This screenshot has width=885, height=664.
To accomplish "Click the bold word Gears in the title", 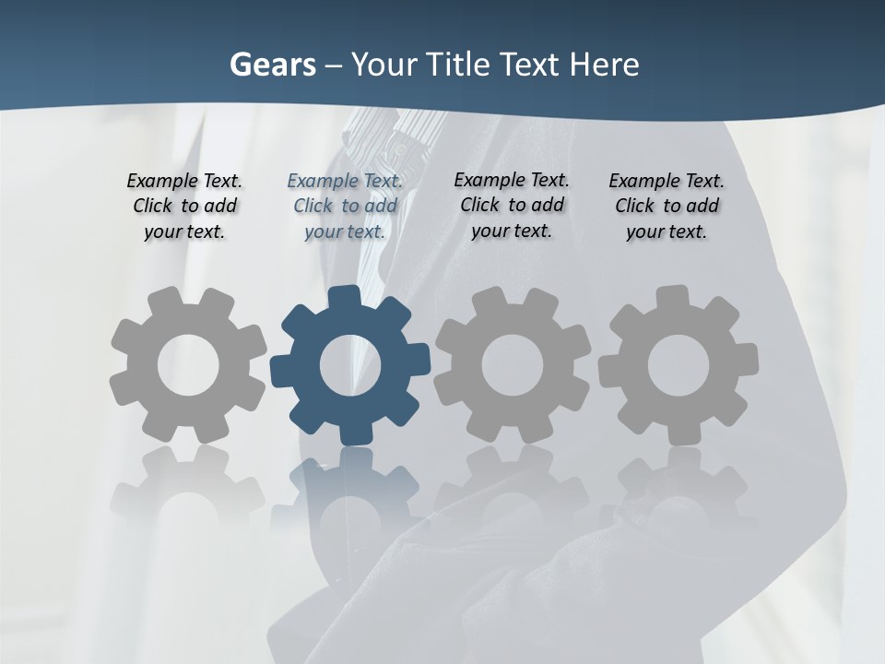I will (x=272, y=65).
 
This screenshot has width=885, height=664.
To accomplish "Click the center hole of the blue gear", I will (x=350, y=366).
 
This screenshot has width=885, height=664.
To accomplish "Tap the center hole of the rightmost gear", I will (x=678, y=366).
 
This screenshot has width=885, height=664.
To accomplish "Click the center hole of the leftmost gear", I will (x=188, y=366).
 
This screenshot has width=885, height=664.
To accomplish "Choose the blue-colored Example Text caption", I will (x=345, y=206).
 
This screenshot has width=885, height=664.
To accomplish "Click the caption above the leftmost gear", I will (x=184, y=206).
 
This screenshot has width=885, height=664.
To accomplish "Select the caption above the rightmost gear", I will (x=667, y=206).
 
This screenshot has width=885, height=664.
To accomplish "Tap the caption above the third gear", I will (x=512, y=205).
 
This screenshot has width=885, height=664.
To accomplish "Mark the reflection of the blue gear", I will (x=350, y=489).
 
